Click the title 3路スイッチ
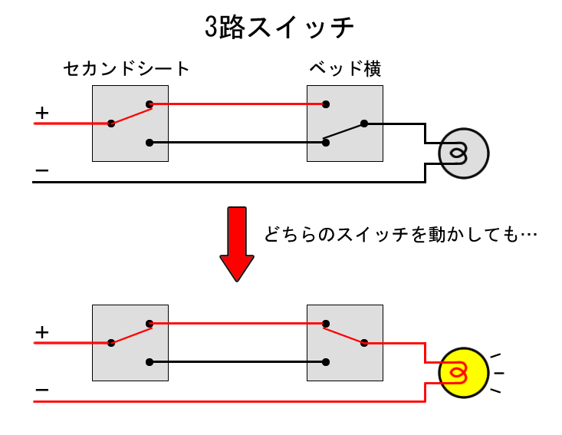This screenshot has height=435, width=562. point(279,27)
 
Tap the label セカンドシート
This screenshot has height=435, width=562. point(127,68)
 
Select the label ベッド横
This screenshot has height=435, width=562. point(345,68)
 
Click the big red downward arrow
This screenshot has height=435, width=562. point(237,244)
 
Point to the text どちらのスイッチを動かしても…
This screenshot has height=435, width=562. point(401,235)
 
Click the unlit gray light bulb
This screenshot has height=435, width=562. point(464,153)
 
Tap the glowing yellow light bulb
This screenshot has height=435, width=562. point(464,373)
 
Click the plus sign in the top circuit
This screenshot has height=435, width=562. point(42,113)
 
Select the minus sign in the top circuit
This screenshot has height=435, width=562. point(42,170)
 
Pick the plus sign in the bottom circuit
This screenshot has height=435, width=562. point(42,332)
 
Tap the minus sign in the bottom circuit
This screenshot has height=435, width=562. point(42,390)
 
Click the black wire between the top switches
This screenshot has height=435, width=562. point(238,143)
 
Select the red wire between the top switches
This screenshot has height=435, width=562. point(238,104)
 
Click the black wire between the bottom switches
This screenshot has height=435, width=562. point(238,362)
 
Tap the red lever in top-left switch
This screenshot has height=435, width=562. point(131,116)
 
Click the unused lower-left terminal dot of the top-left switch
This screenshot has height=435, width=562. point(150,143)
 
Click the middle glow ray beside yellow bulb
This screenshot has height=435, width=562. point(499,374)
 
